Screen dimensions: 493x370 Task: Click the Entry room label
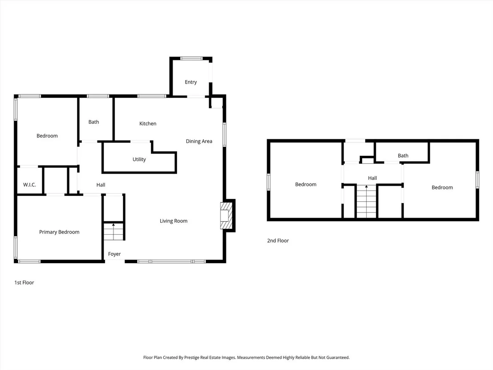pyautogui.click(x=190, y=82)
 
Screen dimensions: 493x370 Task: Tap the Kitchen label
pyautogui.click(x=148, y=124)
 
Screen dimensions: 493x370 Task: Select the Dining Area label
pyautogui.click(x=199, y=141)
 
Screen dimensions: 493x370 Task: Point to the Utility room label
pyautogui.click(x=139, y=159)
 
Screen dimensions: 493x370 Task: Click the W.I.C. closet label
pyautogui.click(x=29, y=185)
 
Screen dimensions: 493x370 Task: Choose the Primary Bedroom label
pyautogui.click(x=59, y=232)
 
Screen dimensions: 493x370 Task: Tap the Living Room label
pyautogui.click(x=174, y=221)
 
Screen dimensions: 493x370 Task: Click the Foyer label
pyautogui.click(x=114, y=254)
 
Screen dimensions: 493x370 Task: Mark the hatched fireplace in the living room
pyautogui.click(x=226, y=215)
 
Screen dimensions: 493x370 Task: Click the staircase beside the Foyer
pyautogui.click(x=113, y=232)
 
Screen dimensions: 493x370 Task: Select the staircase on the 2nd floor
pyautogui.click(x=366, y=201)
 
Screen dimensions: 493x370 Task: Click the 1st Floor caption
pyautogui.click(x=24, y=283)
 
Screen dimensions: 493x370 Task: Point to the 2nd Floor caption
pyautogui.click(x=278, y=241)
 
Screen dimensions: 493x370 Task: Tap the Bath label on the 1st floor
pyautogui.click(x=94, y=122)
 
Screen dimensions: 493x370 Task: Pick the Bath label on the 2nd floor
pyautogui.click(x=403, y=156)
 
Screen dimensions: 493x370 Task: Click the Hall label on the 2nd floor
pyautogui.click(x=372, y=178)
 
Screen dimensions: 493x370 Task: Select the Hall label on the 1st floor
pyautogui.click(x=101, y=185)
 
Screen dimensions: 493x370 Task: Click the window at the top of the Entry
pyautogui.click(x=191, y=58)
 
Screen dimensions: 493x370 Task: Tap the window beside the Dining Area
pyautogui.click(x=225, y=134)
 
